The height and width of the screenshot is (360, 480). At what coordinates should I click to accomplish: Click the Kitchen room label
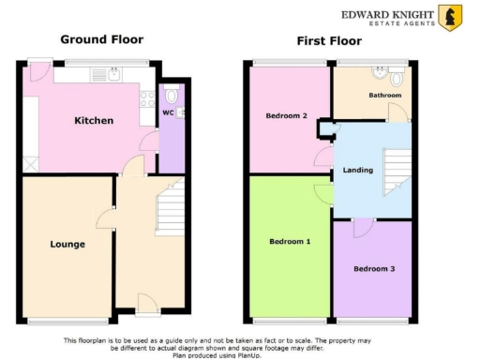[x=94, y=121]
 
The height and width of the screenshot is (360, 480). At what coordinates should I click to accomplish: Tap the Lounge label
[x=67, y=245]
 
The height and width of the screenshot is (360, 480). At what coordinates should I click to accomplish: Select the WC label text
[x=167, y=113]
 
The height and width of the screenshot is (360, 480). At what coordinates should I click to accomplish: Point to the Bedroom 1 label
[x=290, y=241]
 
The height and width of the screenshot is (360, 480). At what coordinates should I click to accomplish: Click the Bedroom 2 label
[x=287, y=115]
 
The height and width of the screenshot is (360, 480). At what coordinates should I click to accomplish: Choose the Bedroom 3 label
[x=373, y=269]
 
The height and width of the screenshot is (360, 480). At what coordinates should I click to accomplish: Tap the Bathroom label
[x=384, y=96]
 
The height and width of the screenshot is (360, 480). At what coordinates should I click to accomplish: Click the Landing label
[x=359, y=170]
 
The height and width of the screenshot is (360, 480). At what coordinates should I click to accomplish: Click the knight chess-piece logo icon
[x=450, y=18]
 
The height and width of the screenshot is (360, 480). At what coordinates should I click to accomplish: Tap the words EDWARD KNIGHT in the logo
[x=386, y=13]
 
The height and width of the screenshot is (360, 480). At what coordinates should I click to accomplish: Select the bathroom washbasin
[x=382, y=71]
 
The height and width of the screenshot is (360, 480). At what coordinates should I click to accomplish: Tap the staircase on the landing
[x=397, y=172]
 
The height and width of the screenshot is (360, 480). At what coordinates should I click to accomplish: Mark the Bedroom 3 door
[x=361, y=227]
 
